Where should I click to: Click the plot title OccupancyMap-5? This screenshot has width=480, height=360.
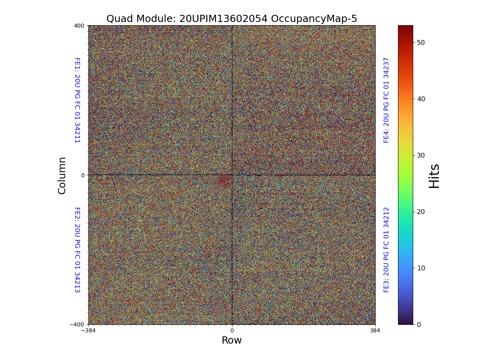coord(314,19)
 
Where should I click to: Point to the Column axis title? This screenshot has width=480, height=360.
coord(62,175)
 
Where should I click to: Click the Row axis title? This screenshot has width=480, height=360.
coord(232,340)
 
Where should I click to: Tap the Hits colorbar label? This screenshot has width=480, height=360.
coord(434,176)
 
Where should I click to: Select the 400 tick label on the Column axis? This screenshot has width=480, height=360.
coord(79,26)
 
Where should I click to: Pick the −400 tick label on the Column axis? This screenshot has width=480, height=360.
coord(77,324)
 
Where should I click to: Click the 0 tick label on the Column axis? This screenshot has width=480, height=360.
coord(83,175)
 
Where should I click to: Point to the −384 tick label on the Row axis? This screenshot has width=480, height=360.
coord(88,330)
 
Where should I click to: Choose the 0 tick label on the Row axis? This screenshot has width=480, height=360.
coord(232,330)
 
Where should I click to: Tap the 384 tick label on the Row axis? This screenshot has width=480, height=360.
coord(375,330)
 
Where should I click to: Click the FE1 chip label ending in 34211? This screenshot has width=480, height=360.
coord(77,100)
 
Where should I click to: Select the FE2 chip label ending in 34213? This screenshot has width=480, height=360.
coord(77,250)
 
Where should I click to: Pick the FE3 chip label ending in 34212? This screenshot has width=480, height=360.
coord(386,250)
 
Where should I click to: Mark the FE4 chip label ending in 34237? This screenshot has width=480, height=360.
coord(386,100)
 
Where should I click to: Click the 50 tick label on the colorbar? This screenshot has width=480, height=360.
coord(421,42)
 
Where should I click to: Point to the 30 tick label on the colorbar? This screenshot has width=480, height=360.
coord(421,155)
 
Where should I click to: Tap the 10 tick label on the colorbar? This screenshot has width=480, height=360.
coord(421,268)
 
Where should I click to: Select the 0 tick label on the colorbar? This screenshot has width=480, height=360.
coord(419,324)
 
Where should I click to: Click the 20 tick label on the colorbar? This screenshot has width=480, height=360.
coord(421,212)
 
